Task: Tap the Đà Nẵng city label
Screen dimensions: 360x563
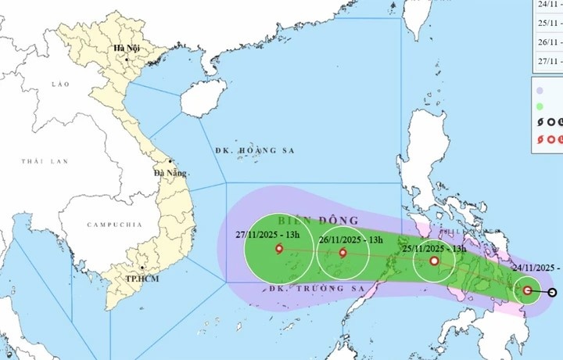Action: coord(169,173)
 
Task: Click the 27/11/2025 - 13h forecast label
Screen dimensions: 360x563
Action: coord(272,232)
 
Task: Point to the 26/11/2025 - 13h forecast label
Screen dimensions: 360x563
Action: coord(350,239)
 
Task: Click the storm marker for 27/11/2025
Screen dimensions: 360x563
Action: coord(279,250)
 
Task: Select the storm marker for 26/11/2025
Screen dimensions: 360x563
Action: coord(342,253)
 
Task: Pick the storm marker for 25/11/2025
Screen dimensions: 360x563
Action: coord(434,261)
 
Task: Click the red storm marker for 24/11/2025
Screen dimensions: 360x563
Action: coord(527,291)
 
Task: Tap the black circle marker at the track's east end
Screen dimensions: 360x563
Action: coord(553,293)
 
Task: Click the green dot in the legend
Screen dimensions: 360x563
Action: coord(540,106)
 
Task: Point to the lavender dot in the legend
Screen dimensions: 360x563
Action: coord(540,90)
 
